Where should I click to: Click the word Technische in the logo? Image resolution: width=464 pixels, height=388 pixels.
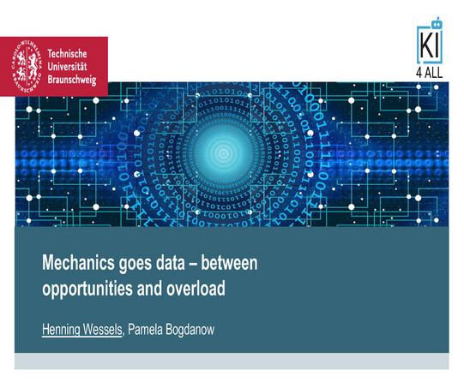(x=67, y=54)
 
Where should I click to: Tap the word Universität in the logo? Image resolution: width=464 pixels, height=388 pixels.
(x=67, y=67)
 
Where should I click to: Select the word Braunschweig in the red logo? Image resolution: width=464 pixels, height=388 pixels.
(x=72, y=80)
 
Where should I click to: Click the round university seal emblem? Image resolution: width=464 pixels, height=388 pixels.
(x=27, y=67)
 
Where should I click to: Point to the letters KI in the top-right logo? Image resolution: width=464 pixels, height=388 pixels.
(x=430, y=46)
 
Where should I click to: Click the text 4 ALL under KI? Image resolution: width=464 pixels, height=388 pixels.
(x=430, y=73)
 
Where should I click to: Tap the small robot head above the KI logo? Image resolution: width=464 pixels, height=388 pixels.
(x=437, y=23)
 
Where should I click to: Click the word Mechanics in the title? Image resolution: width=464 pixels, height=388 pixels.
(x=78, y=263)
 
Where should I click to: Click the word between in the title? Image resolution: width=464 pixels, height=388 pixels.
(x=229, y=263)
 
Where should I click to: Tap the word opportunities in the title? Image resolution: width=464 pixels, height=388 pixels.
(x=87, y=290)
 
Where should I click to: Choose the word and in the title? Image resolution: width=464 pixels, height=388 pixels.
(x=149, y=288)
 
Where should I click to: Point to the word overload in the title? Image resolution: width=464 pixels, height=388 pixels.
(x=196, y=288)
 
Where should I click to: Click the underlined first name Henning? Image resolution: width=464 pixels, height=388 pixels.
(x=61, y=330)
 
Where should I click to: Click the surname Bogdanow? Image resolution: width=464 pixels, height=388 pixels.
(x=190, y=330)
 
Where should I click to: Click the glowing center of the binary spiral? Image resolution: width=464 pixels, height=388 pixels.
(x=223, y=153)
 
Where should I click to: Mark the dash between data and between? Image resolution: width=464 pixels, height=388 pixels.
(x=193, y=264)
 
